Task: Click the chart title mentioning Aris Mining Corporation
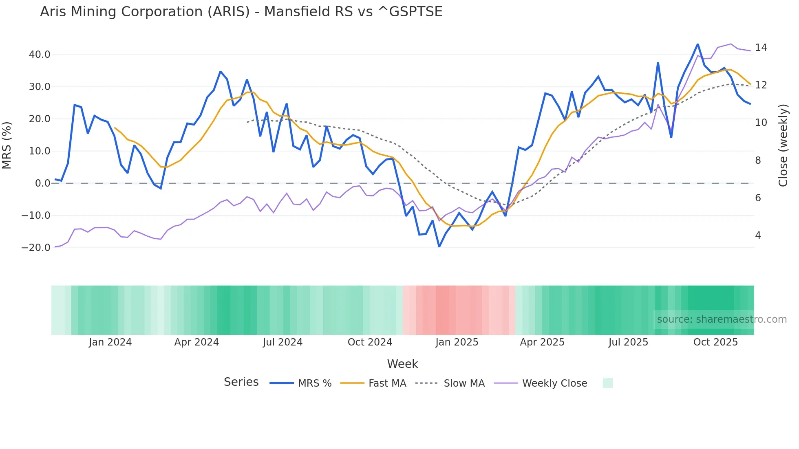(x=241, y=12)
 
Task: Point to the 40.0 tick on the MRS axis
(x=40, y=55)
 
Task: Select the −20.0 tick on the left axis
(x=36, y=248)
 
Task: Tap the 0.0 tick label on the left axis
(x=42, y=183)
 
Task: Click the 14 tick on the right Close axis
(x=761, y=48)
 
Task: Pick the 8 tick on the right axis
(x=758, y=161)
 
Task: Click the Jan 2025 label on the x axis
(x=457, y=342)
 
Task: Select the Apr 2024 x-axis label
(x=196, y=342)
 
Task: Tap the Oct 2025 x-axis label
(x=715, y=342)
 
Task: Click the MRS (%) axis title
(x=7, y=145)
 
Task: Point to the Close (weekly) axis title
(x=783, y=145)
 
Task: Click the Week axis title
(x=402, y=364)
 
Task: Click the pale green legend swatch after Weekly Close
(x=607, y=383)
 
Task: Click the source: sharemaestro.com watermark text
(x=722, y=319)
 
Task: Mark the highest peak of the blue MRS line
(x=697, y=44)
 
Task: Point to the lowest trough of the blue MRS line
(x=439, y=246)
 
